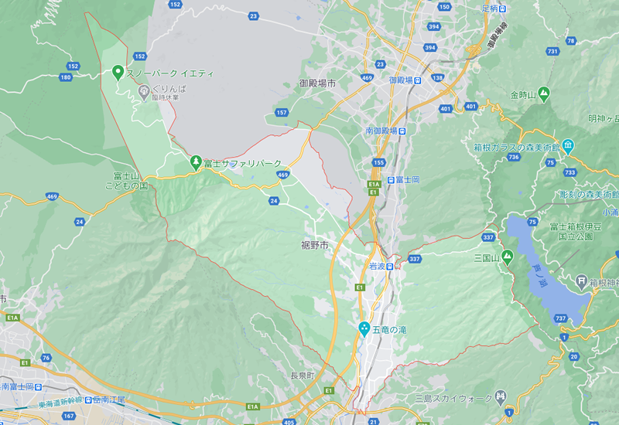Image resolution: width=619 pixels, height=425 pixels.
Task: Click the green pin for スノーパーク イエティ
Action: pyautogui.click(x=118, y=73)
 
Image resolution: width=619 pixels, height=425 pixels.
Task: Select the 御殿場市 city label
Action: pyautogui.click(x=318, y=83)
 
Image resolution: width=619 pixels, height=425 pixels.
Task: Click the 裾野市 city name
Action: pyautogui.click(x=315, y=245)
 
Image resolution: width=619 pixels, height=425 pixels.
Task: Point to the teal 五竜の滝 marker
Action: pyautogui.click(x=364, y=328)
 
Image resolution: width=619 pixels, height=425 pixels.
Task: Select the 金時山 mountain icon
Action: pyautogui.click(x=544, y=94)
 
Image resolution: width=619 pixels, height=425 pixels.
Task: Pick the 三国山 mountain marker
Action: pyautogui.click(x=508, y=256)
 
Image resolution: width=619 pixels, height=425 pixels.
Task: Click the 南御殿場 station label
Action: pyautogui.click(x=382, y=131)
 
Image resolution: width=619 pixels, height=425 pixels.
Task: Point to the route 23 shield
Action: pyautogui.click(x=254, y=15)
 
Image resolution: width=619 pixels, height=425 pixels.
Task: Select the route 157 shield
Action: pyautogui.click(x=282, y=113)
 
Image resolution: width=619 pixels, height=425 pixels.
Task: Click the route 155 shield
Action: pyautogui.click(x=378, y=162)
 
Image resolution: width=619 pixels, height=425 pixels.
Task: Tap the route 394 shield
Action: pyautogui.click(x=433, y=26)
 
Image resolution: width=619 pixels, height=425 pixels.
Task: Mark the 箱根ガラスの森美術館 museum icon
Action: pyautogui.click(x=568, y=144)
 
